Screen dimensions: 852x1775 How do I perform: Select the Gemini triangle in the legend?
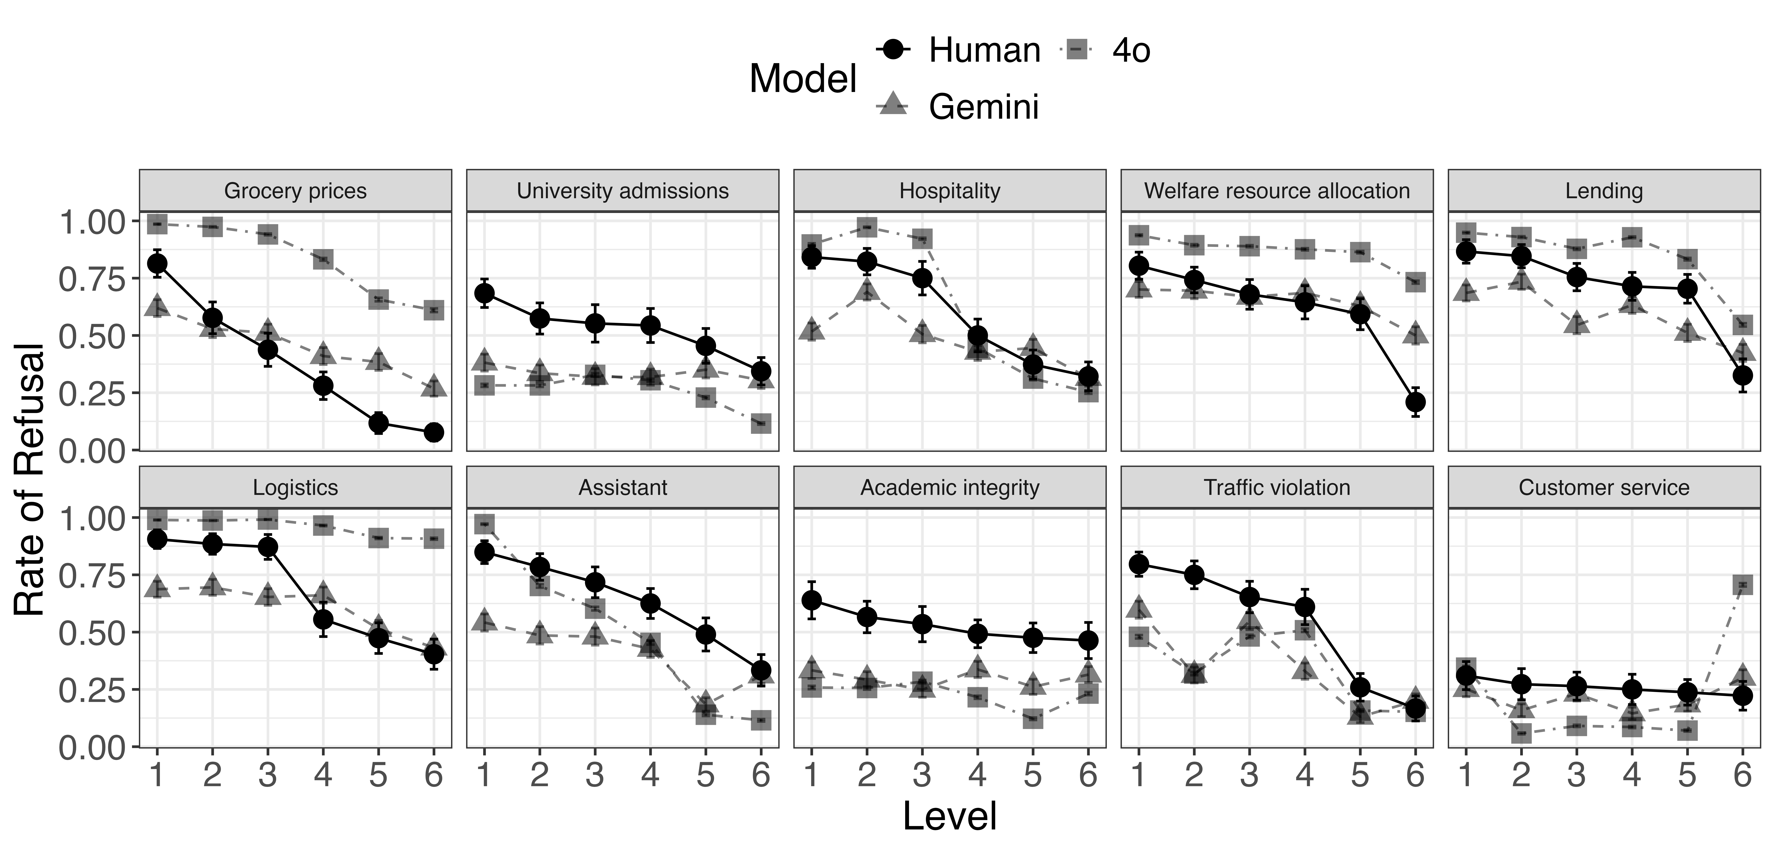(x=894, y=105)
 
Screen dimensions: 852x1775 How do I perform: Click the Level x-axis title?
(x=950, y=817)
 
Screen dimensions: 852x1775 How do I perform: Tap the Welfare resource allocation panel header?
(x=1277, y=191)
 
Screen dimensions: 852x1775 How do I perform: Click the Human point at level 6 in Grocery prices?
(x=433, y=432)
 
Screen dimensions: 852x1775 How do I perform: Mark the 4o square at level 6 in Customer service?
(x=1742, y=585)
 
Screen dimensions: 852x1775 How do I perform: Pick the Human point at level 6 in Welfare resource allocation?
(x=1415, y=402)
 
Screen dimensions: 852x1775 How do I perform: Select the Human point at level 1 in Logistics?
(x=157, y=538)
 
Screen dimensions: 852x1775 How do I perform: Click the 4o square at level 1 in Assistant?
(x=484, y=525)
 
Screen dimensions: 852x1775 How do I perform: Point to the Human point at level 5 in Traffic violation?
(x=1359, y=687)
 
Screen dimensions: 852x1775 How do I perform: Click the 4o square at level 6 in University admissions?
(x=761, y=424)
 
